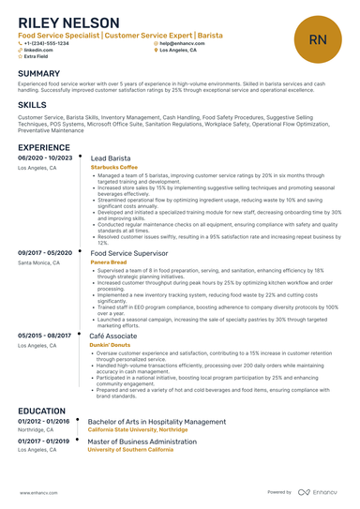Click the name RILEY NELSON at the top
[68, 22]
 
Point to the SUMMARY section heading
[38, 73]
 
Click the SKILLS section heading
[33, 105]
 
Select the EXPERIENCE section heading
[43, 147]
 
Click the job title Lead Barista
[111, 159]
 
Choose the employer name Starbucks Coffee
[113, 168]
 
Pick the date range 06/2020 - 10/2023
[45, 159]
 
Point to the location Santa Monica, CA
[38, 262]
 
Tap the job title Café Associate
[113, 335]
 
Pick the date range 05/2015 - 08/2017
[45, 335]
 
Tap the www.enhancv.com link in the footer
[39, 491]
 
